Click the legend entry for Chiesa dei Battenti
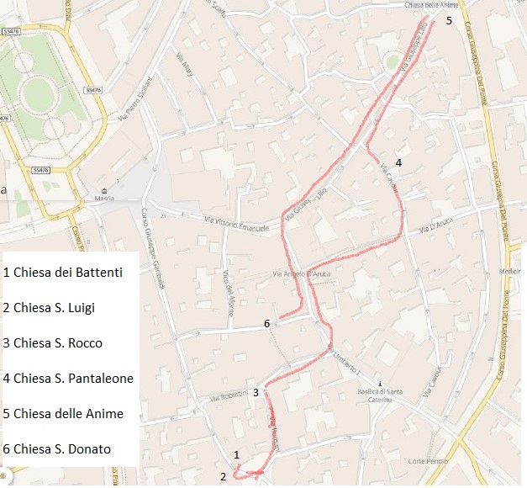coord(63,272)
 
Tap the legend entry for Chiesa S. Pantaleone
coord(68,379)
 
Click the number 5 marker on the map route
coord(449,20)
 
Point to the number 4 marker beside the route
coord(398,162)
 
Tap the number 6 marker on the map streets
coord(266,323)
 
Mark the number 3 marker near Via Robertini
coord(255,392)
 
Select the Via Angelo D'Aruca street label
coord(304,273)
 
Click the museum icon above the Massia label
coord(104,190)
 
